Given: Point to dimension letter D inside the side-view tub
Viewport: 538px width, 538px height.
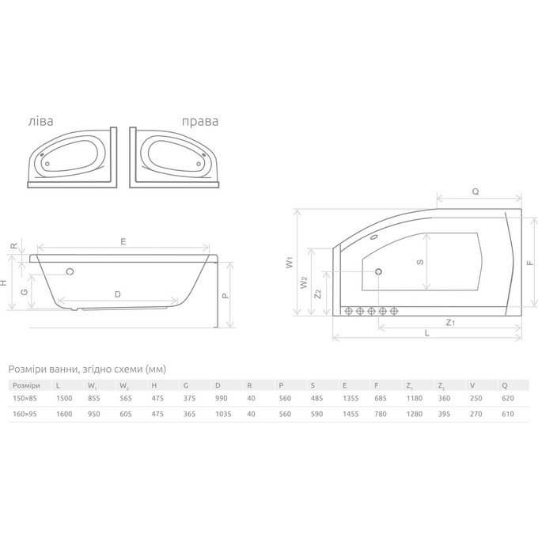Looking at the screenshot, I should (117, 294).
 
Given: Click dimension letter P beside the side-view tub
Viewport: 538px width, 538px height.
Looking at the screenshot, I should (225, 295).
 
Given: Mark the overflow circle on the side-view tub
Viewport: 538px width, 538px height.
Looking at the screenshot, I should (71, 271).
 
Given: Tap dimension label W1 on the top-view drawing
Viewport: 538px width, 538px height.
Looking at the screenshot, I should (290, 260).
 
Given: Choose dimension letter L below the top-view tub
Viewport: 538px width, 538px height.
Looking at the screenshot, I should (426, 333).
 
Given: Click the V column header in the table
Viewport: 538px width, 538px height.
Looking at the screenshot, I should (472, 385).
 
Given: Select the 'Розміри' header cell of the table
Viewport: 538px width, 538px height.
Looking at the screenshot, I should (25, 385).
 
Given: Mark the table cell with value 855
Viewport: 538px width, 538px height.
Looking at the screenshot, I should (93, 399).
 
